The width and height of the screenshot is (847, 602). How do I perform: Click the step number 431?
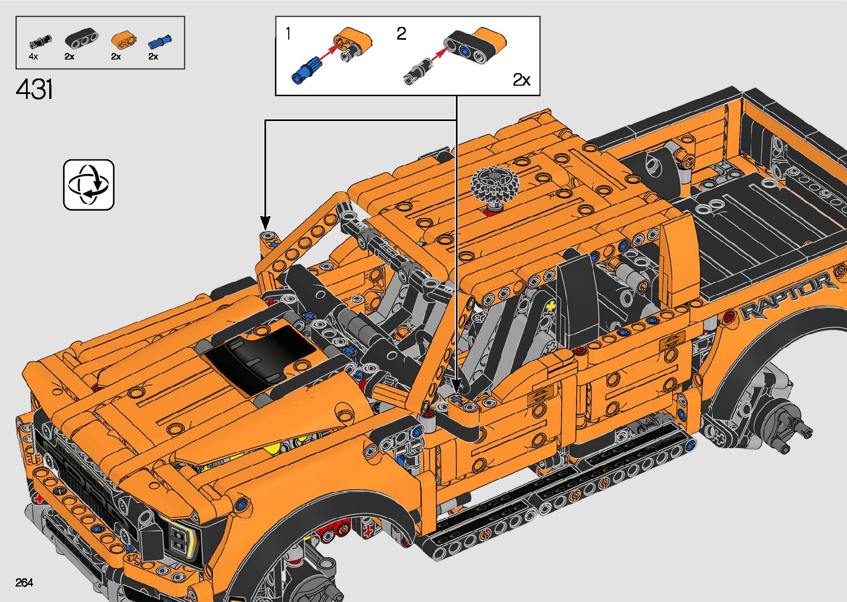[x=34, y=89]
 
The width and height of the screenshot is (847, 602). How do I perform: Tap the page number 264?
[x=24, y=582]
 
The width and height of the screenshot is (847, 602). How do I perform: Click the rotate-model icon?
[x=89, y=185]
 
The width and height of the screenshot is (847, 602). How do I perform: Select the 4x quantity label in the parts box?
[x=33, y=57]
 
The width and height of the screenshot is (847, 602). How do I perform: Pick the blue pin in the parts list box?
[x=159, y=41]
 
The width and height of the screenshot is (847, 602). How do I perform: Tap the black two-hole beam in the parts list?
[x=81, y=39]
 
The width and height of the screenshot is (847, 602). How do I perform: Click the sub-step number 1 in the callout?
[x=288, y=34]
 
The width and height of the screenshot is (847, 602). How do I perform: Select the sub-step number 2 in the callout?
[x=401, y=34]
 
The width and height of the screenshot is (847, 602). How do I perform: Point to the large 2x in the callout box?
[x=522, y=80]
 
